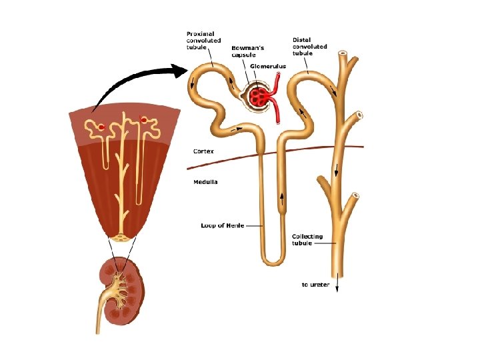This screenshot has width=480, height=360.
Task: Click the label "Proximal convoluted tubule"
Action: (203, 39)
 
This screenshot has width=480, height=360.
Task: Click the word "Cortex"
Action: (203, 151)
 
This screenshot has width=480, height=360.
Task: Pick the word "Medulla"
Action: (205, 181)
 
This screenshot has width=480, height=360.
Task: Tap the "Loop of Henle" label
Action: (221, 226)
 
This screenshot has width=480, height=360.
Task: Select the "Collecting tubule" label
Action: (307, 240)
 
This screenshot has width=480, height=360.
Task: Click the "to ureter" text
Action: (315, 285)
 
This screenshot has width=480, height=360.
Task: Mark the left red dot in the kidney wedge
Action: (101, 127)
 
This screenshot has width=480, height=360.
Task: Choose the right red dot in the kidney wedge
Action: (143, 121)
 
